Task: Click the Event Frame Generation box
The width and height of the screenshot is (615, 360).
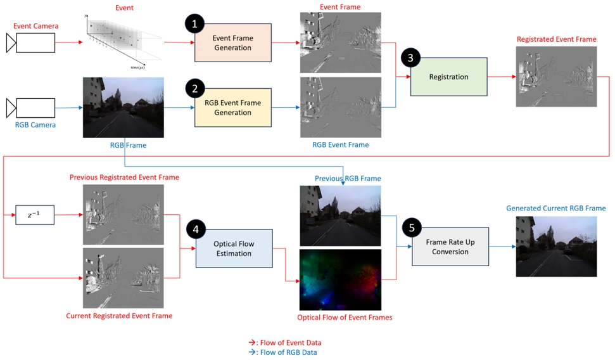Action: pos(232,42)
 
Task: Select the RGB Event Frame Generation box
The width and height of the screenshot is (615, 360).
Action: pos(232,108)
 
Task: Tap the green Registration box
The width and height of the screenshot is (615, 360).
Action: pos(448,77)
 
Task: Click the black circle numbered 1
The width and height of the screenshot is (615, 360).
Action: pos(194,23)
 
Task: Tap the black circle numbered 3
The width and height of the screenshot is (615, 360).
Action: pos(410,58)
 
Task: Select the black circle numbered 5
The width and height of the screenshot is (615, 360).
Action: pos(412,227)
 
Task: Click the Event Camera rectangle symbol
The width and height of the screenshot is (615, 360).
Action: pos(35,42)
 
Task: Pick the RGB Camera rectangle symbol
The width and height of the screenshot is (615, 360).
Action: pos(35,108)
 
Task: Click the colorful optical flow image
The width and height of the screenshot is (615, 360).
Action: pos(341,279)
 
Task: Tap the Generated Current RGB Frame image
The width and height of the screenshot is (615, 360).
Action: pos(556,247)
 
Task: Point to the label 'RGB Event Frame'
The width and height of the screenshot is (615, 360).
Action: pos(340,145)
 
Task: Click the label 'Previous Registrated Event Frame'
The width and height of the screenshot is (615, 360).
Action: pos(124,177)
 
